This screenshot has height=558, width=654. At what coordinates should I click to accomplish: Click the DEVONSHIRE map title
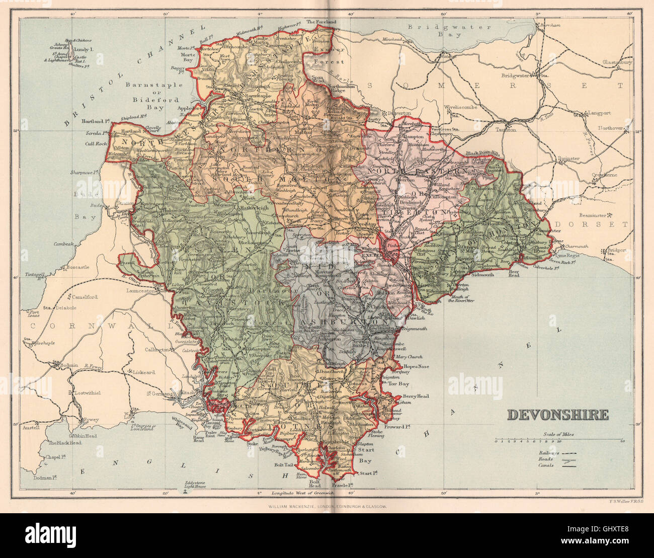[x=557, y=415]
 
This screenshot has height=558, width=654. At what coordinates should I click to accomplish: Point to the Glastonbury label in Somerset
[x=617, y=62]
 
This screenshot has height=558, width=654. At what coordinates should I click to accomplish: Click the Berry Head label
[x=415, y=396]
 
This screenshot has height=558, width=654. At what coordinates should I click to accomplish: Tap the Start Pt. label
[x=369, y=473]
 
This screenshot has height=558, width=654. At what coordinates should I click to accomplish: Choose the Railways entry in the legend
[x=545, y=453]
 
